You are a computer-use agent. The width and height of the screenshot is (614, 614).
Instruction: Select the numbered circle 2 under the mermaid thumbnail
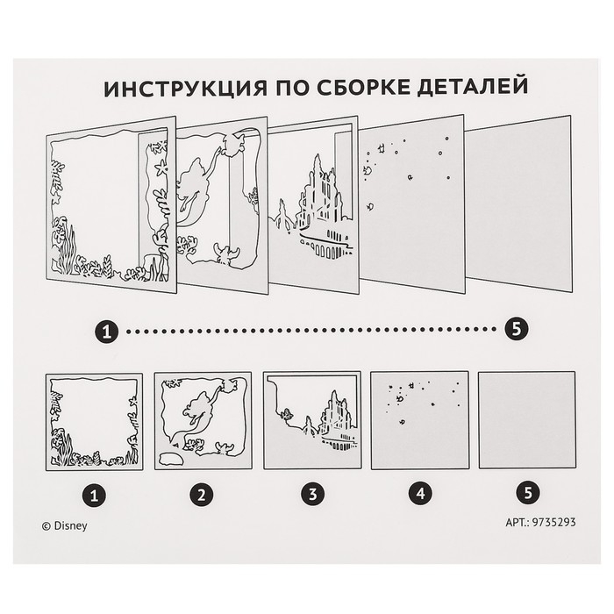(x=203, y=493)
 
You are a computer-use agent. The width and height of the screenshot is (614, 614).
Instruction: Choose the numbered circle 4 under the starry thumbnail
(x=420, y=493)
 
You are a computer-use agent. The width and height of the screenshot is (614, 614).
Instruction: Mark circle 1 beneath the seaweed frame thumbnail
(x=94, y=493)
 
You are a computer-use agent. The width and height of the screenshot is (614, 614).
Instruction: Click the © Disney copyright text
(x=65, y=527)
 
